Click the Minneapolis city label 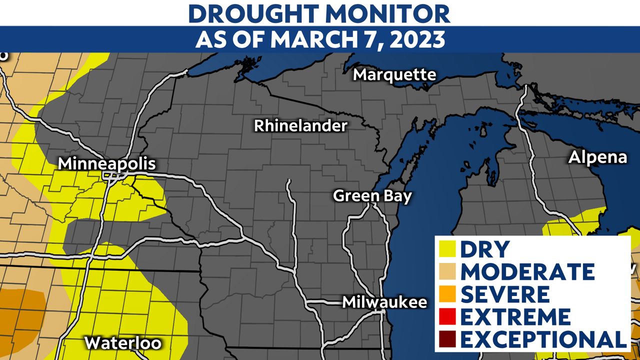coord(106,163)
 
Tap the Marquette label coord(394,75)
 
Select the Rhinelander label coord(300,125)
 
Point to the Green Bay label coord(372,195)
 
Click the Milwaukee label coord(384,302)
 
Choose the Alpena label coord(597,157)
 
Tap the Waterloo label coord(123,343)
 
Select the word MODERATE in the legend coord(527,271)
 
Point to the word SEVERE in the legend coord(505,294)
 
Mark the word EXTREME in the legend coord(515,316)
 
